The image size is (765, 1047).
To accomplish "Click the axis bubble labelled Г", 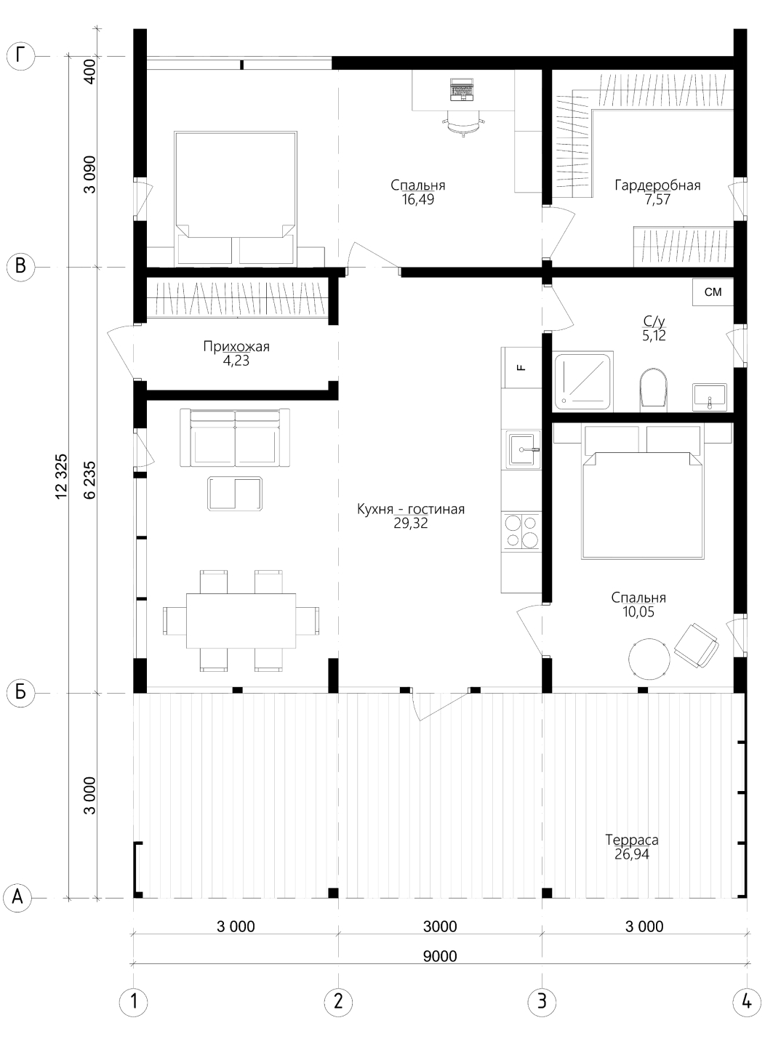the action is [21, 57].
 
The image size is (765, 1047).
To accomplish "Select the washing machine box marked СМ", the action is [713, 292].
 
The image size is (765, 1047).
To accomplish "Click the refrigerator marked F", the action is [521, 367].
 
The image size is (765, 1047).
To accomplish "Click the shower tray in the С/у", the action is [583, 382].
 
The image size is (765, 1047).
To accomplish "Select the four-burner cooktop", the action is [521, 531].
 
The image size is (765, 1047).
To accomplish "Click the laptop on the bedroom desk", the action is [462, 89].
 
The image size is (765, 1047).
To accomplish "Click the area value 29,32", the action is [411, 523].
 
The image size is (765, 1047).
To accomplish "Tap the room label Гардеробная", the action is [657, 185].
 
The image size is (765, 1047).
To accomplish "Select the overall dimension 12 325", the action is [62, 476].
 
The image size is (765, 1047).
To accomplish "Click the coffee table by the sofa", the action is [235, 493].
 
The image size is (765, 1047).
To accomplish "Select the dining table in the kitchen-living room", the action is [241, 621].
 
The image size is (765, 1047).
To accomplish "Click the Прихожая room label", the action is [236, 347].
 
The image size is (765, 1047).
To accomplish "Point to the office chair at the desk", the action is [463, 123].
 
